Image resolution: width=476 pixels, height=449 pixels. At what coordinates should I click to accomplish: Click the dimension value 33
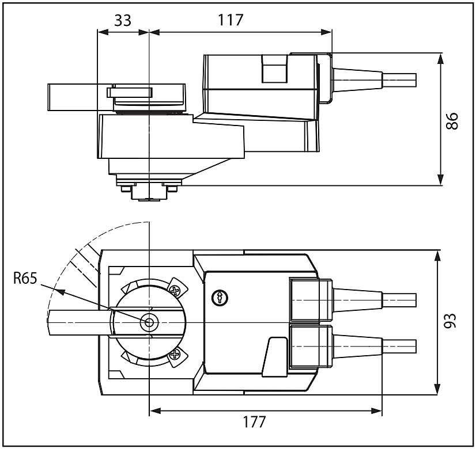point(123,21)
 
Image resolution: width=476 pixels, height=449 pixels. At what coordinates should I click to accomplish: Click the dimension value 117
point(231,20)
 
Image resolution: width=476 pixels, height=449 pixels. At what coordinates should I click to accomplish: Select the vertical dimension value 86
point(452,121)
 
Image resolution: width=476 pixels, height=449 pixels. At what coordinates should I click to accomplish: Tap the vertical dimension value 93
point(451,321)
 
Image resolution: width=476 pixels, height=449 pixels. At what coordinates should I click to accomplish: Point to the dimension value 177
point(254,422)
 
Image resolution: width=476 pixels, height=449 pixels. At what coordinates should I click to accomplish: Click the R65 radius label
point(25,278)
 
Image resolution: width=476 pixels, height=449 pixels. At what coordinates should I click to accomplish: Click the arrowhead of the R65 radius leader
point(59,291)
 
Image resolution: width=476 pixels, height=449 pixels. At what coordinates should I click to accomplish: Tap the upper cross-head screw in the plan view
point(176,291)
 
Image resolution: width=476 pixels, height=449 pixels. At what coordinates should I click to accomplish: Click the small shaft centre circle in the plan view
point(149,322)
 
